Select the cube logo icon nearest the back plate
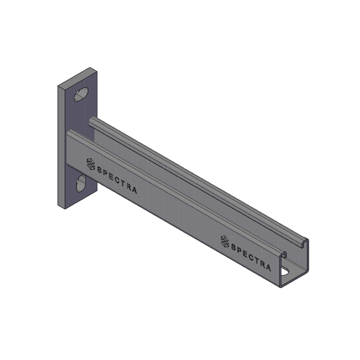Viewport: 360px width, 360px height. pos(90,164)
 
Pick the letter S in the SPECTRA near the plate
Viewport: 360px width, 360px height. pos(100,170)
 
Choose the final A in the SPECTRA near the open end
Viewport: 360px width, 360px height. pos(268,266)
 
